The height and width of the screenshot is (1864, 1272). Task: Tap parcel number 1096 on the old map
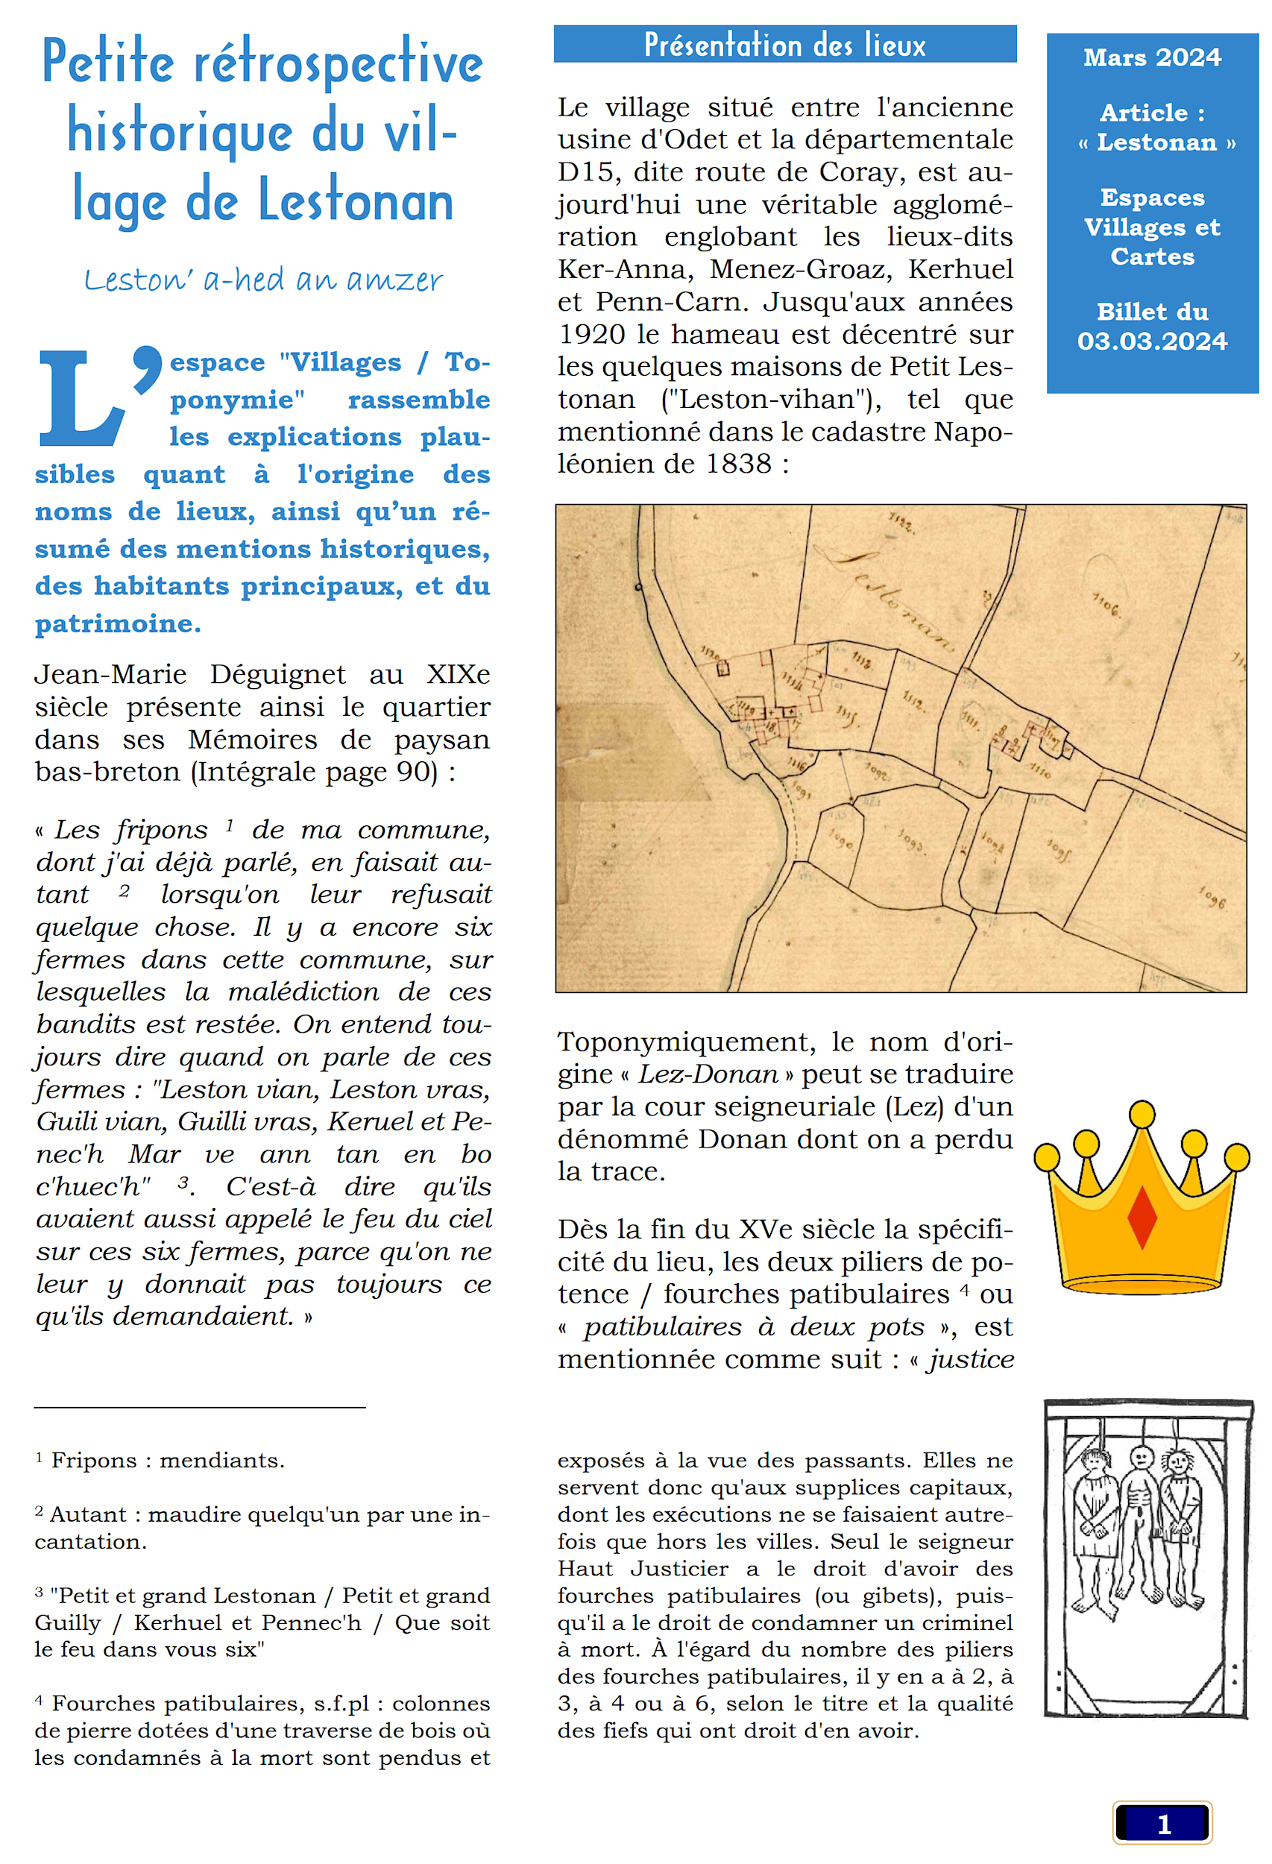(x=1212, y=897)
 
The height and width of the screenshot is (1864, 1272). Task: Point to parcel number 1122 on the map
(x=901, y=523)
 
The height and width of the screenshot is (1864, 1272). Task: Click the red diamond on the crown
(x=1142, y=1216)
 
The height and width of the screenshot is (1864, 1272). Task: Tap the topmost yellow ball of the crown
(x=1142, y=1114)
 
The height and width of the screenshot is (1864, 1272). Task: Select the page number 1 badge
(x=1162, y=1824)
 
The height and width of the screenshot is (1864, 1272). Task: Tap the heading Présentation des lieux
(x=784, y=45)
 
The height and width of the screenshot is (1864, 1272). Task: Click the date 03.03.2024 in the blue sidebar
(x=1152, y=341)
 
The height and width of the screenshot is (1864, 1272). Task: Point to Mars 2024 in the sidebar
(x=1152, y=57)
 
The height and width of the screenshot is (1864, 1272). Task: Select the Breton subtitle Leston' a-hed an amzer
(x=263, y=280)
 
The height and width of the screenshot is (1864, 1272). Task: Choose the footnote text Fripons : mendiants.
(x=167, y=1461)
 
